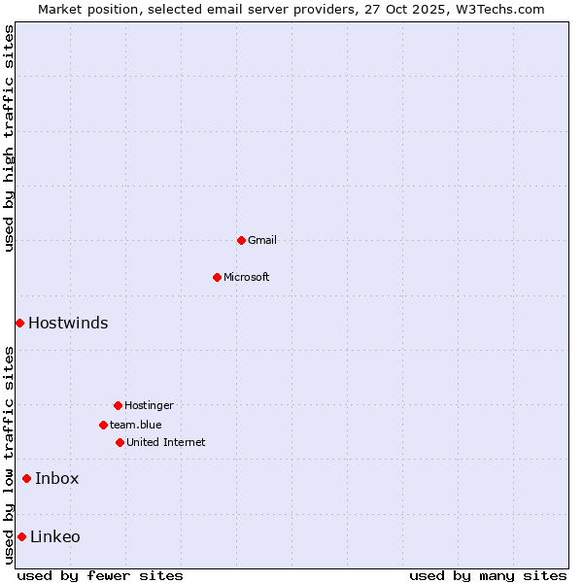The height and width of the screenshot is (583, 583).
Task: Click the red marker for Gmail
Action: click(241, 240)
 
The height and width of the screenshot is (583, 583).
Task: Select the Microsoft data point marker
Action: click(217, 277)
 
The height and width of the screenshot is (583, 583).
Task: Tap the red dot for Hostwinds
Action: click(19, 323)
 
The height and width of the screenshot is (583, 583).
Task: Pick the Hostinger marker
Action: click(118, 405)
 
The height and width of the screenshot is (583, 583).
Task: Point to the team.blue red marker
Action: click(103, 425)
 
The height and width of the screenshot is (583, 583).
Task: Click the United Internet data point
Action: click(120, 442)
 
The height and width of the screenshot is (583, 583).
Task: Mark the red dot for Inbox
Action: click(26, 478)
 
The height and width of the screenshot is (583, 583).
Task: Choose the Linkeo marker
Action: click(21, 536)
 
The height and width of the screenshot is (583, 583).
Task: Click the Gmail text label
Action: click(262, 240)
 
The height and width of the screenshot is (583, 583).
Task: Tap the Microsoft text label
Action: click(247, 277)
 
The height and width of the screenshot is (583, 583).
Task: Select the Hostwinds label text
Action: click(68, 324)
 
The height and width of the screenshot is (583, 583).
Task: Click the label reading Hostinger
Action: click(149, 405)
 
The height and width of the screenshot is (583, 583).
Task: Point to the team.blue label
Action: click(136, 425)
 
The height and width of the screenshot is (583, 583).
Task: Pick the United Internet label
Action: click(166, 442)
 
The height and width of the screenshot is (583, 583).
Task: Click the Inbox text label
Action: click(57, 478)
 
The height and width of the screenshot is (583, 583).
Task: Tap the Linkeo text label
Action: click(55, 536)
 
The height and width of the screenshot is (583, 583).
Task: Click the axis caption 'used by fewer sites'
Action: click(100, 575)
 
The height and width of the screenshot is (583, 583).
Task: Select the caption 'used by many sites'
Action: click(488, 575)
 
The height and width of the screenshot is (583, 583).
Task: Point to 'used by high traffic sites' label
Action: click(9, 138)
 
